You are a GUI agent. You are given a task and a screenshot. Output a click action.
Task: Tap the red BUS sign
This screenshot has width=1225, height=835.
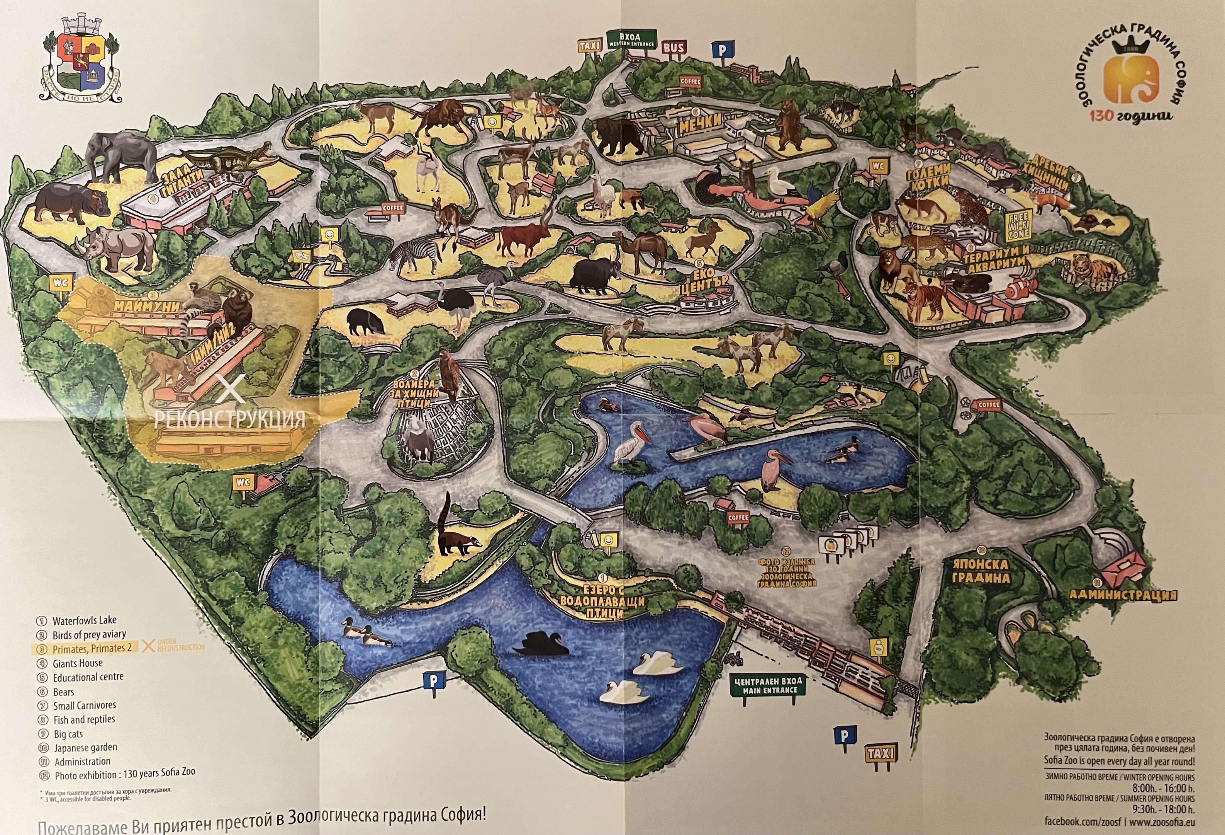click(x=674, y=48)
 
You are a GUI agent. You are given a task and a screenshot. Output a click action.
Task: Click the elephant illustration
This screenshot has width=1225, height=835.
click(x=121, y=156)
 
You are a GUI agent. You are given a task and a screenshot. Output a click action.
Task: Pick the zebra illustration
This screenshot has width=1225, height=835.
click(x=416, y=255)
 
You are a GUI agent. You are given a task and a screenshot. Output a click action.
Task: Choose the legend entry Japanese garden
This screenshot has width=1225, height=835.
click(x=85, y=747)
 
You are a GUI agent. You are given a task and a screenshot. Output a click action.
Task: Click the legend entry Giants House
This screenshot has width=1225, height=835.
click(x=78, y=663)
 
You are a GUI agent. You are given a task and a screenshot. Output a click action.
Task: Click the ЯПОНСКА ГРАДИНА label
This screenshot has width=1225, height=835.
click(x=981, y=571)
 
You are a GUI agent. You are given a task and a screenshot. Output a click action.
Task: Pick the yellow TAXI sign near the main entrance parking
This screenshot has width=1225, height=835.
click(x=880, y=754)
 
